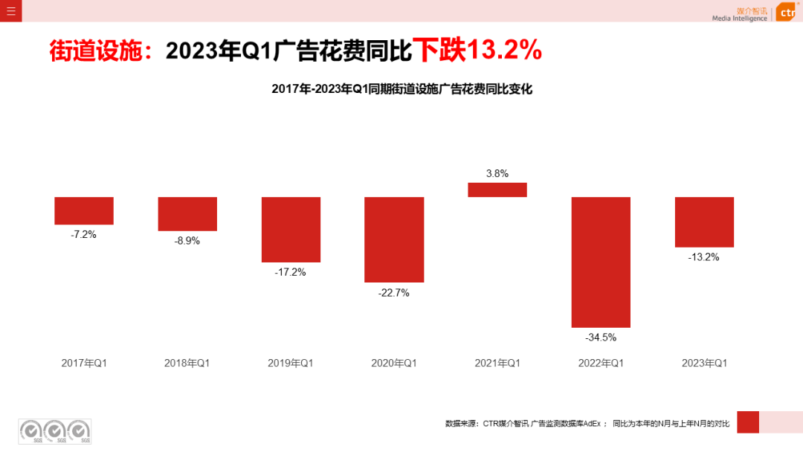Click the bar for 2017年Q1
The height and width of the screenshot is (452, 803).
(84, 210)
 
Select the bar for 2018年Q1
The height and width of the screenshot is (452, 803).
(187, 213)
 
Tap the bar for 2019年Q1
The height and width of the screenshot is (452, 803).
(291, 229)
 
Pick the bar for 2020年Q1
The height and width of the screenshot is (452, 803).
(394, 239)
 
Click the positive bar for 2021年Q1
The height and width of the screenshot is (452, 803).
(497, 190)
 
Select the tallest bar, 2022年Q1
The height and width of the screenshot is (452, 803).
(601, 262)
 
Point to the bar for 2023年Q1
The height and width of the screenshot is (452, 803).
(704, 222)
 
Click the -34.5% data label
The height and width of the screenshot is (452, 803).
(601, 337)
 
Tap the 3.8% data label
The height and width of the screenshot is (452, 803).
(497, 173)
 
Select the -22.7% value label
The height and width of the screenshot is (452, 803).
(394, 292)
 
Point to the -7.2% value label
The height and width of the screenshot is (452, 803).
(84, 234)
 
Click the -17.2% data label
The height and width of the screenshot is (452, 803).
(291, 272)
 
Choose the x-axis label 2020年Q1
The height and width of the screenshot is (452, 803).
(394, 363)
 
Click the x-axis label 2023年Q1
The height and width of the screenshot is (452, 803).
(704, 363)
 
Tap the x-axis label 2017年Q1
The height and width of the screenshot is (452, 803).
(84, 363)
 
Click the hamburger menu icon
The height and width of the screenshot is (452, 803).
(10, 10)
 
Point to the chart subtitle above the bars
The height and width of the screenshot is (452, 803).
(401, 89)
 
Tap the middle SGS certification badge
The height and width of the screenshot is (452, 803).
(55, 431)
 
